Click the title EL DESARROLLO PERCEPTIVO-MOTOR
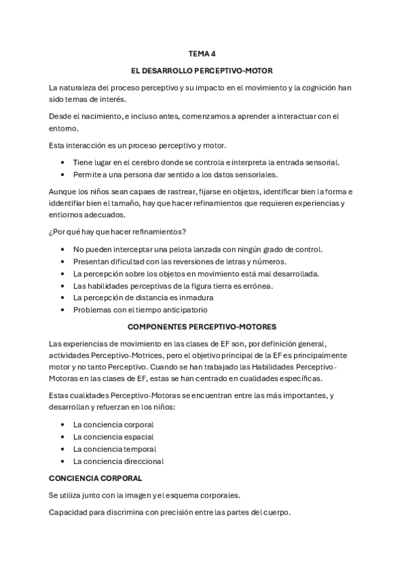(202, 71)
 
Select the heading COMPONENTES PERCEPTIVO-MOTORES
(202, 326)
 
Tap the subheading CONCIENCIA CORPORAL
(95, 478)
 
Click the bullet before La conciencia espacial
(63, 437)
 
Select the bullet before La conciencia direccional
(63, 461)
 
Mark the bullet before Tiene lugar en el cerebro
(63, 163)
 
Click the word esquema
(181, 495)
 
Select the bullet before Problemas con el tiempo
(63, 310)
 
